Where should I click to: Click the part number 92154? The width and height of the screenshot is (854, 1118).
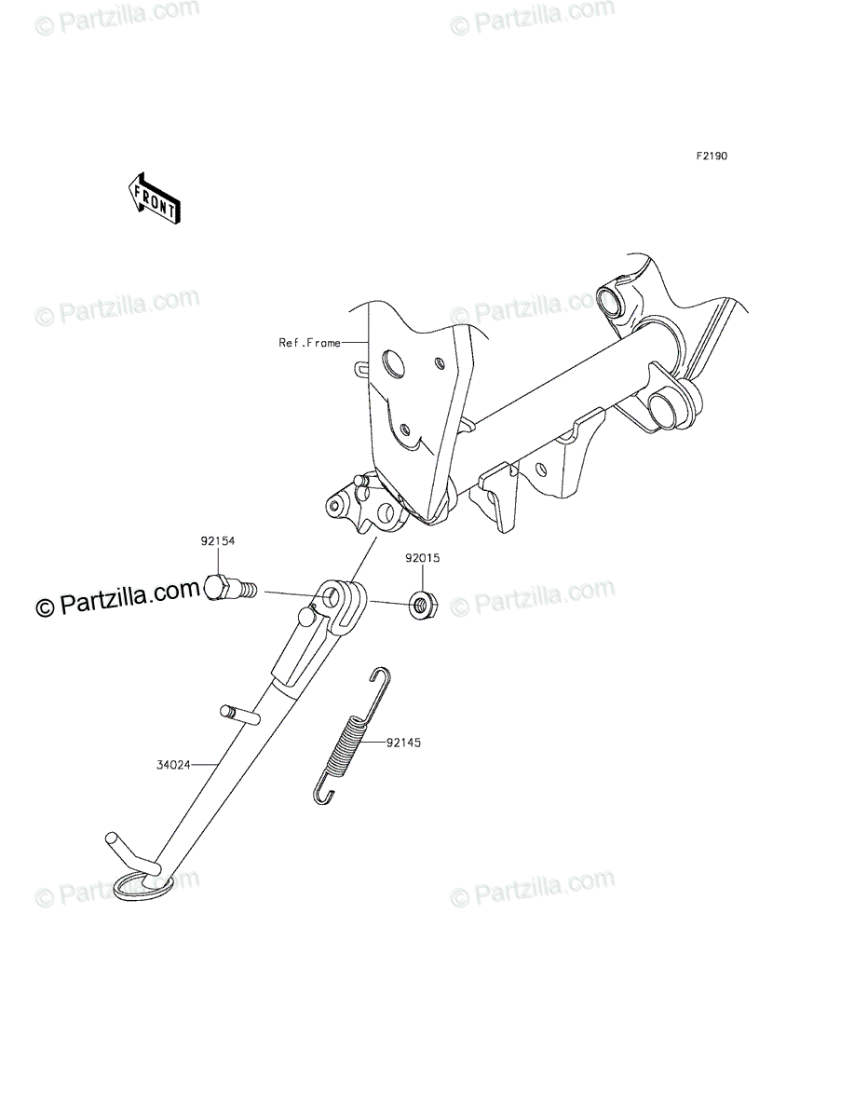point(218,541)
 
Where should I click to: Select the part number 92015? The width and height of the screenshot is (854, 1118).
point(423,558)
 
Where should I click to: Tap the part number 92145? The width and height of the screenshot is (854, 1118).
point(403,743)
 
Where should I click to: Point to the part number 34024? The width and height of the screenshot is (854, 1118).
point(173,779)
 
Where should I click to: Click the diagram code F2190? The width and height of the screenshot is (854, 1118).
point(712,156)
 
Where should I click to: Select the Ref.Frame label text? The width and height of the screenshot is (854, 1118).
point(309,343)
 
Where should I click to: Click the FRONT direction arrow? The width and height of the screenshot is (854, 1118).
point(154,198)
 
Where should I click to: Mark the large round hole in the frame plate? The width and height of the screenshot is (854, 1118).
point(392,363)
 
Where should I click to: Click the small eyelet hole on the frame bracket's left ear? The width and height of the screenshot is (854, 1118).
point(333,506)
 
